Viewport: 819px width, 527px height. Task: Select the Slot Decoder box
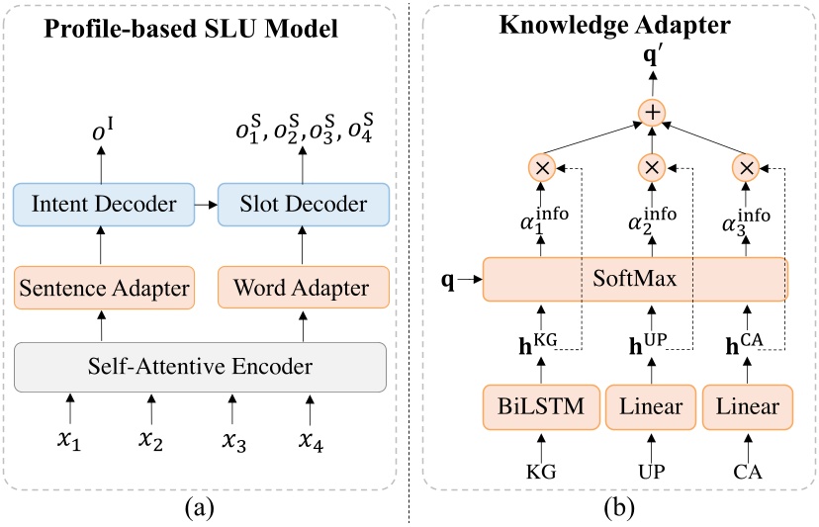304,205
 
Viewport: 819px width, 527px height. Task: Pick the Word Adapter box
304,289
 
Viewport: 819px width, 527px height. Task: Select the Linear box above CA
749,406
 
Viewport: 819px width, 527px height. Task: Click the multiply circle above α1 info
541,167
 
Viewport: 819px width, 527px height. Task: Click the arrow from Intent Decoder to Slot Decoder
205,206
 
